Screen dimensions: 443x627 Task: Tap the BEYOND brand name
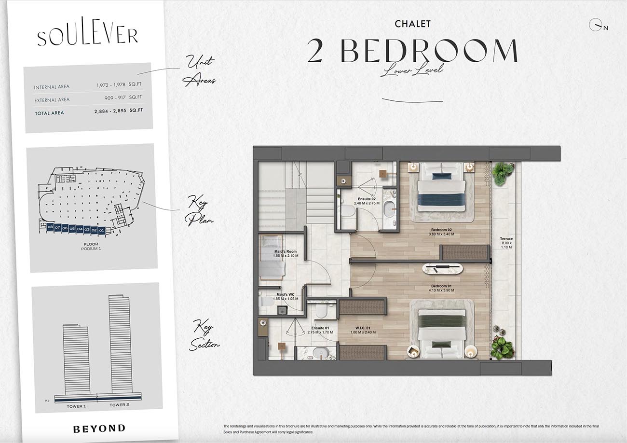point(99,428)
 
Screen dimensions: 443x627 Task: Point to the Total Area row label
point(49,113)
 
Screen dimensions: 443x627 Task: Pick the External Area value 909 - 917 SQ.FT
point(124,98)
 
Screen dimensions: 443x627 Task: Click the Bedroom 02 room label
point(441,232)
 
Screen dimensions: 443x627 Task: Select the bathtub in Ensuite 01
point(321,353)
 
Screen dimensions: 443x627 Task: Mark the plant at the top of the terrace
point(503,173)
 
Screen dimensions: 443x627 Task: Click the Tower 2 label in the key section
point(119,405)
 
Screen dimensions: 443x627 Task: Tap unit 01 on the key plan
point(101,231)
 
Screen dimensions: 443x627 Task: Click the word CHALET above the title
point(412,24)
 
